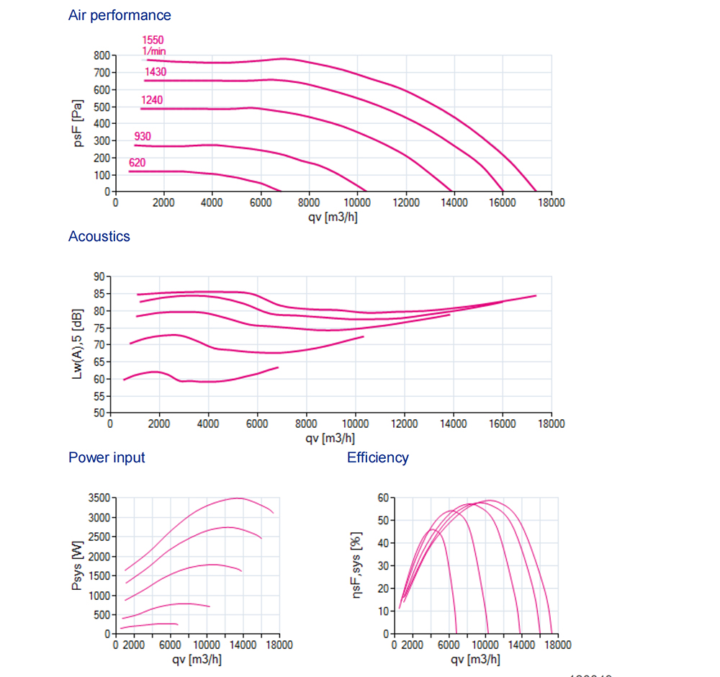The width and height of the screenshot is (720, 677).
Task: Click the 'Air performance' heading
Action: [120, 15]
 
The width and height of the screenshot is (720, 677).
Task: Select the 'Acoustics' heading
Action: [99, 236]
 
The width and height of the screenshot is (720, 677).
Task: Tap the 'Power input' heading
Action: [107, 457]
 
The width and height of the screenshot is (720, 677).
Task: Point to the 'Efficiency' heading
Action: [377, 457]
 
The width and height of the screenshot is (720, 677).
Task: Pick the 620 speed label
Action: [137, 163]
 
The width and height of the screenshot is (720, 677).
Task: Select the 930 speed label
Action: [143, 137]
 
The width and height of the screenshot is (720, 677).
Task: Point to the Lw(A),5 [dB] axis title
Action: [77, 344]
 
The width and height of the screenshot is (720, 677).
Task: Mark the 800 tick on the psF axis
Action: [102, 55]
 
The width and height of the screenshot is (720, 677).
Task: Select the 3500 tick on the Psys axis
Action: [97, 498]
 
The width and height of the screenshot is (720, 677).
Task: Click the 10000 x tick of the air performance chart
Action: [357, 203]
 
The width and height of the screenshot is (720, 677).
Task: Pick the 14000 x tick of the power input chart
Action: [243, 645]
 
